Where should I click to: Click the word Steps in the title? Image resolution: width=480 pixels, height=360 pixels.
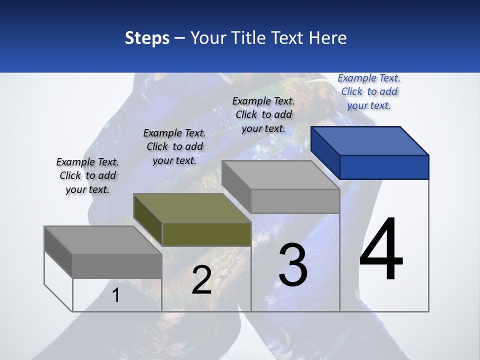click(147, 38)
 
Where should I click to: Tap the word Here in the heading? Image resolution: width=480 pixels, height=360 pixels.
click(328, 38)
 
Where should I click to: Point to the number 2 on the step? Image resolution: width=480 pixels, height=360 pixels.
click(201, 280)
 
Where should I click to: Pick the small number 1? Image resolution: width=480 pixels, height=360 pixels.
click(115, 295)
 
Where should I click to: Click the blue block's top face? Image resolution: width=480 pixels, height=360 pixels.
click(370, 140)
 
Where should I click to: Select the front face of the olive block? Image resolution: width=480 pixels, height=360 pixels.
click(206, 234)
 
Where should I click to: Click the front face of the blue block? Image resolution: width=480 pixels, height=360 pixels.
click(384, 167)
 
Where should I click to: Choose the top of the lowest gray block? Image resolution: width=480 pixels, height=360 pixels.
click(103, 239)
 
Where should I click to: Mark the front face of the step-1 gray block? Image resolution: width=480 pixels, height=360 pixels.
click(117, 265)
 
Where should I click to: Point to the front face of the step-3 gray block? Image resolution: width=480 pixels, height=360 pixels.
click(295, 201)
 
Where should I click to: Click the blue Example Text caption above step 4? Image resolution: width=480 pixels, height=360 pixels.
click(369, 91)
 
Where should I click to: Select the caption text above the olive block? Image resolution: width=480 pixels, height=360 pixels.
click(174, 146)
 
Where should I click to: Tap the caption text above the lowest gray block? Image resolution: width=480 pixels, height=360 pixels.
click(87, 175)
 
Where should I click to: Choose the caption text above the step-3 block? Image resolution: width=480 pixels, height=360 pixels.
click(263, 114)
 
